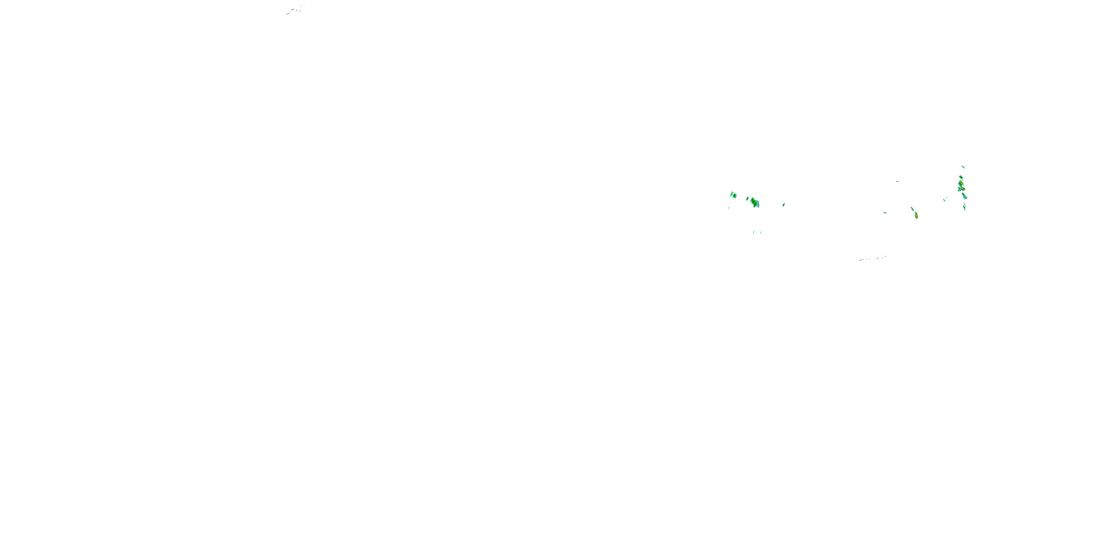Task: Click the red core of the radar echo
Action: click(x=916, y=216)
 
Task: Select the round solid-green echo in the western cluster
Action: click(x=734, y=195)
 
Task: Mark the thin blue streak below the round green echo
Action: click(x=728, y=208)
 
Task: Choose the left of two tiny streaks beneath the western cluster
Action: click(x=754, y=232)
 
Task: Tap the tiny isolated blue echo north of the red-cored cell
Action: click(x=897, y=181)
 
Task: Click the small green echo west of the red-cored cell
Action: click(x=885, y=213)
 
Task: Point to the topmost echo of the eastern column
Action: click(x=963, y=167)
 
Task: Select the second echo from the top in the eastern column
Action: click(x=961, y=177)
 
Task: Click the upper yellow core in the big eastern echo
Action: click(x=961, y=184)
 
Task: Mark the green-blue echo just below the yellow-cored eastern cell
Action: click(x=964, y=197)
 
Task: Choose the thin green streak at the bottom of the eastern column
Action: click(x=964, y=207)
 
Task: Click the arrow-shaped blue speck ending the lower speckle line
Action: click(x=884, y=257)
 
